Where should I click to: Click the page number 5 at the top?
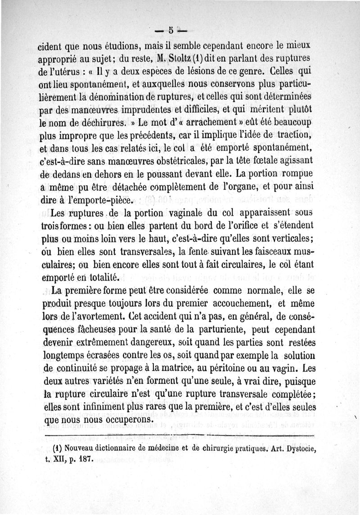[171, 31]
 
